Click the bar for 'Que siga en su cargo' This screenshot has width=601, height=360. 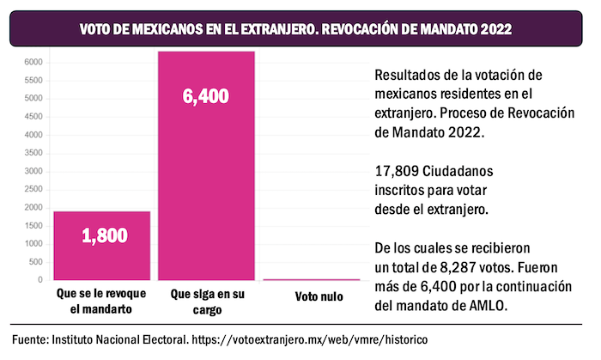(206, 172)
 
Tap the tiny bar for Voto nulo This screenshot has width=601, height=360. (310, 279)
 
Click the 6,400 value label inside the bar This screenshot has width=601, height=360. (206, 96)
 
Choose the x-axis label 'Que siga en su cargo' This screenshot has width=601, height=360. (206, 301)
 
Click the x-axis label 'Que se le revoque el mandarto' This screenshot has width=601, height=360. (102, 301)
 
